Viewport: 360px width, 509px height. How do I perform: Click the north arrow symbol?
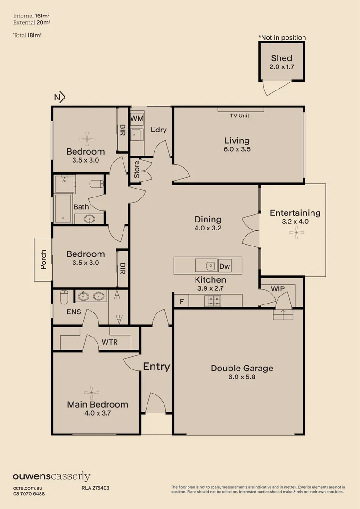tap(59, 98)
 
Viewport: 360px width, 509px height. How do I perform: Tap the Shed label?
tap(281, 59)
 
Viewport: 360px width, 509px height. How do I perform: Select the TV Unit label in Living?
tap(239, 115)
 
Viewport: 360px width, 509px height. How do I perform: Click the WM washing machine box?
tap(137, 118)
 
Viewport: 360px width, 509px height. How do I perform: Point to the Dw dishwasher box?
tap(225, 266)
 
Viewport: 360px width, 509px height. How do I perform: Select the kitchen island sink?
tap(209, 266)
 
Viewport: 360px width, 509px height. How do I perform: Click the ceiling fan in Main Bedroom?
tap(91, 391)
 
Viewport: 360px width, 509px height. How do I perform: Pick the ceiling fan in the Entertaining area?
tap(296, 230)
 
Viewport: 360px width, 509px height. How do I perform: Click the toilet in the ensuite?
tap(65, 297)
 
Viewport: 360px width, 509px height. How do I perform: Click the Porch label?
tap(43, 259)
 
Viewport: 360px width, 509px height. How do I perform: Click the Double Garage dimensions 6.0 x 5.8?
tap(242, 377)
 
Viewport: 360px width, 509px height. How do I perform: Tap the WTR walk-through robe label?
tap(109, 342)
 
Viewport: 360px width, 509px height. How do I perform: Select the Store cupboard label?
tap(137, 170)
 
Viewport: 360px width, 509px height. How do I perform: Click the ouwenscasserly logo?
tap(51, 476)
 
